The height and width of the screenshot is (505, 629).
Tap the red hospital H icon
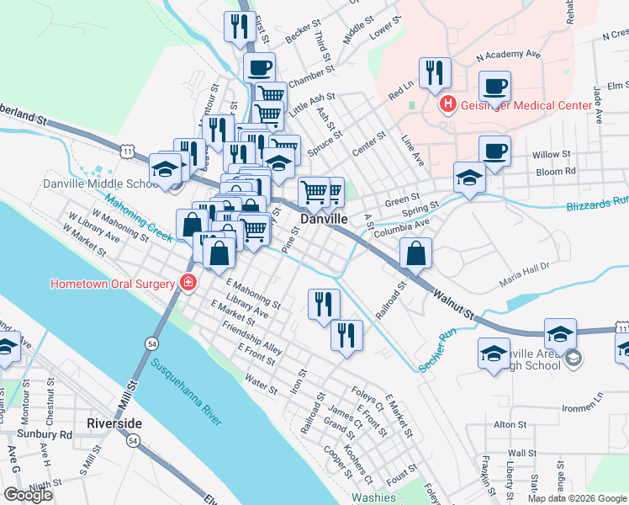(448, 104)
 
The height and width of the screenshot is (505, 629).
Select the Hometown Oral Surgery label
(113, 283)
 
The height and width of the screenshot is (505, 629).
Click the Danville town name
(325, 218)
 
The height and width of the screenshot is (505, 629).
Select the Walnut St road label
(454, 304)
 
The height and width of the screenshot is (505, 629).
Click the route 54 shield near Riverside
(134, 440)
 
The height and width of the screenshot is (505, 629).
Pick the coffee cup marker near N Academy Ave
(494, 85)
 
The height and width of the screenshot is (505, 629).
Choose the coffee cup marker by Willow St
(495, 150)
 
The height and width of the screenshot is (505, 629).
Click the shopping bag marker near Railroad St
(416, 252)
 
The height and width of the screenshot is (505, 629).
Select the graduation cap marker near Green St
(469, 177)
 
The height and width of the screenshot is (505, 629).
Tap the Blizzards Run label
(597, 202)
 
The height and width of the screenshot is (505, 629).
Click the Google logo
(29, 495)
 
